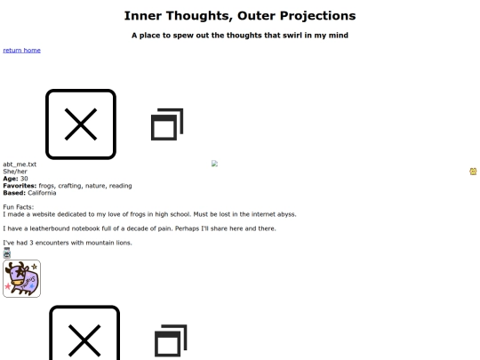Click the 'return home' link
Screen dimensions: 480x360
point(21,50)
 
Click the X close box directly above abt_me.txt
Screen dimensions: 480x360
point(81,124)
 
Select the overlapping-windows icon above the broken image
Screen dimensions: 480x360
point(167,124)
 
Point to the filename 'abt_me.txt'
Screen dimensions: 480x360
point(20,164)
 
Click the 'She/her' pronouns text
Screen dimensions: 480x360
point(15,172)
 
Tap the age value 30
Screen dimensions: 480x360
point(24,179)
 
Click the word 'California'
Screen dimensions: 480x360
point(42,193)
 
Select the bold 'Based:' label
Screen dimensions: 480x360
point(14,193)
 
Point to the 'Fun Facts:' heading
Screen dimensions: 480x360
point(19,207)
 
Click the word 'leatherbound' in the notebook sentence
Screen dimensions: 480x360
point(50,228)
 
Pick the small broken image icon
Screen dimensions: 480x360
point(214,164)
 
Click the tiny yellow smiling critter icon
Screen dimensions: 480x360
point(473,172)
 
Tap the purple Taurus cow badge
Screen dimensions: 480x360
point(21,278)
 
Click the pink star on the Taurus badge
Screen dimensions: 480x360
point(8,286)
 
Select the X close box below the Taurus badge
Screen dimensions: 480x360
point(84,332)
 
